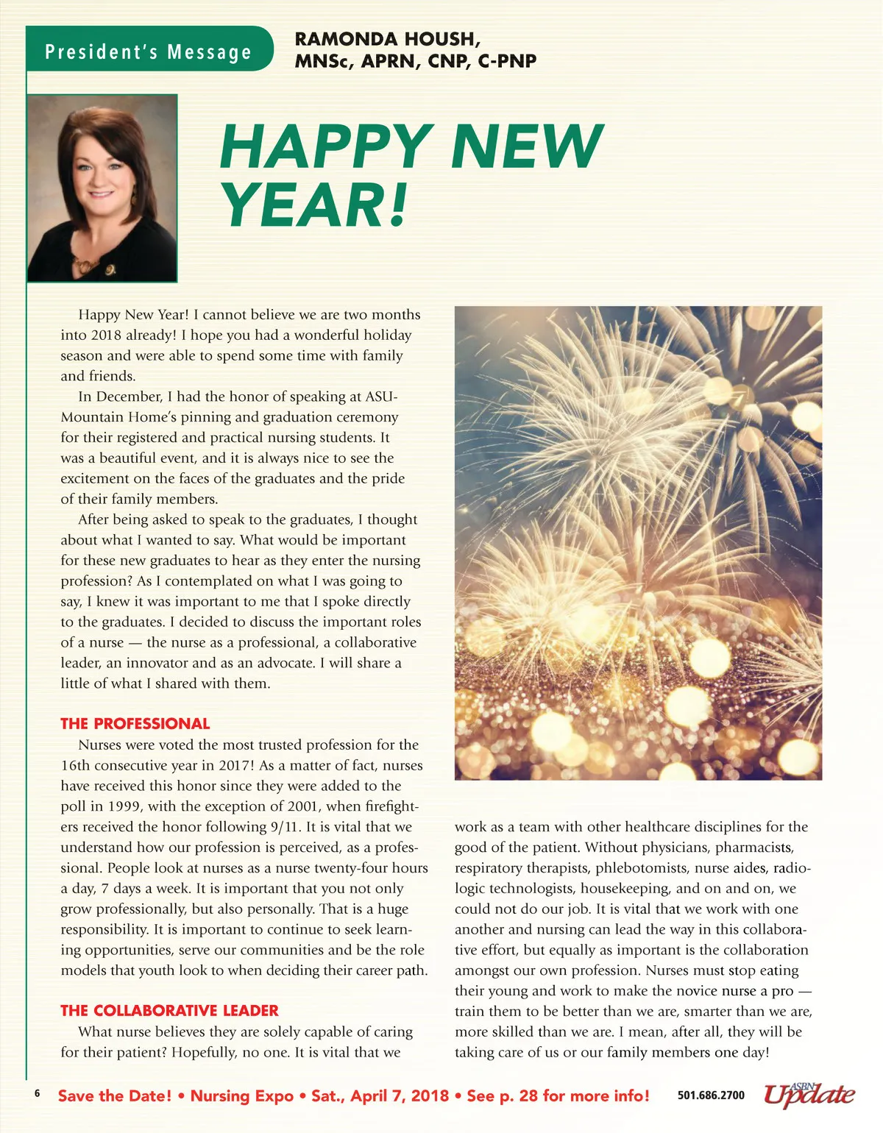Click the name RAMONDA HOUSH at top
coord(387,39)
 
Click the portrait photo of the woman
coord(102,188)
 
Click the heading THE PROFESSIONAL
coord(135,723)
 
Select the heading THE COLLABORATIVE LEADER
coord(169,1010)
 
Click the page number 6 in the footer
coord(38,1094)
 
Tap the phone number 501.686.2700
coord(711,1095)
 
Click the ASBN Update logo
coord(809,1094)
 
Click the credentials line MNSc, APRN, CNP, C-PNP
coord(416,61)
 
